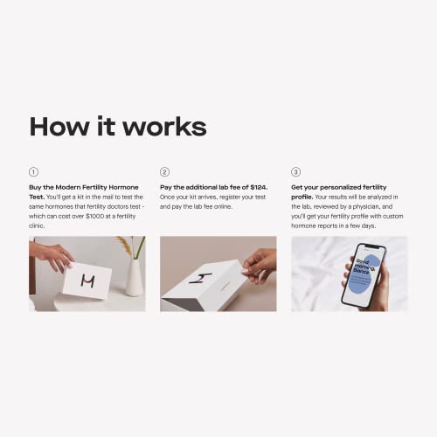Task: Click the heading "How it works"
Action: tap(118, 127)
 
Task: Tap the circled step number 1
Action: tap(34, 172)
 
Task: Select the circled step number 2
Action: tap(164, 172)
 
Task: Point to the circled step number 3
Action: tap(295, 172)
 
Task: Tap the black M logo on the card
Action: tap(87, 281)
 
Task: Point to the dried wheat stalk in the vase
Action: tap(125, 249)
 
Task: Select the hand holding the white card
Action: tap(51, 256)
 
